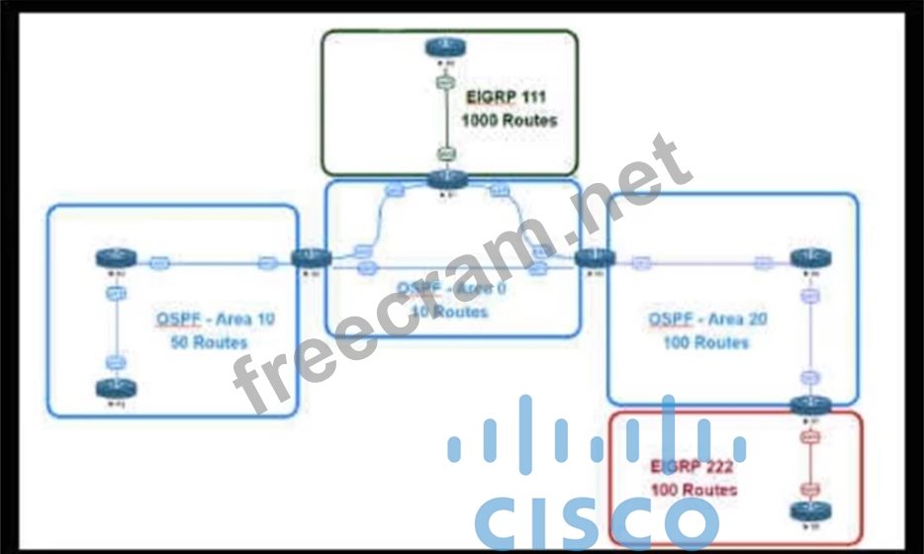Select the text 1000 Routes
tap(508, 121)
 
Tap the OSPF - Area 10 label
tap(216, 319)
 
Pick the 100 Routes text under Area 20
tap(705, 342)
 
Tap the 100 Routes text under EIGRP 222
tap(693, 489)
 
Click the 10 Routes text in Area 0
tap(448, 313)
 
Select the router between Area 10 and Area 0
tap(311, 258)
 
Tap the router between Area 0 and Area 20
tap(594, 258)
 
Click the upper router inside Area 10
tap(115, 259)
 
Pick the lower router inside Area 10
tap(115, 389)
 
